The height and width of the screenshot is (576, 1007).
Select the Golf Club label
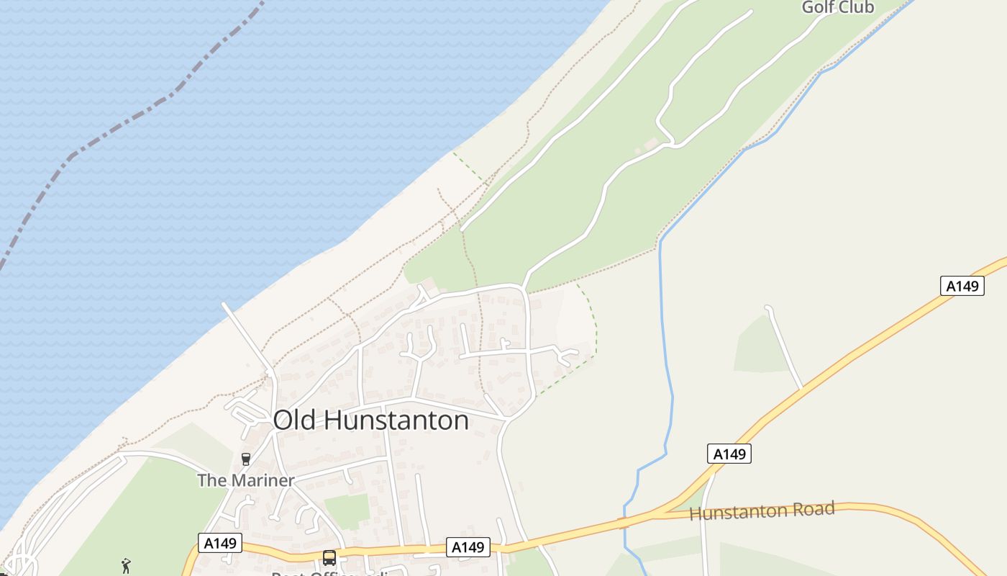click(x=838, y=7)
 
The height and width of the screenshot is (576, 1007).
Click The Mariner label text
click(x=246, y=480)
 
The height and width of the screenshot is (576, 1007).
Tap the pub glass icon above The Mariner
click(x=246, y=459)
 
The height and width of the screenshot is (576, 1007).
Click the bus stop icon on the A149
click(x=329, y=557)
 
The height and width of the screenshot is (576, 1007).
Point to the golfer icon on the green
click(x=127, y=565)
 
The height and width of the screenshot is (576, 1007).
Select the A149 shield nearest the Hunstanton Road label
click(x=729, y=454)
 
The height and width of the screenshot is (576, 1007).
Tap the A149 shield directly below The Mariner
click(x=220, y=543)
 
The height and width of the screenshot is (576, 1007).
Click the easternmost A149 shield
click(x=962, y=286)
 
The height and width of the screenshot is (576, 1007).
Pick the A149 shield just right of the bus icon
click(x=468, y=547)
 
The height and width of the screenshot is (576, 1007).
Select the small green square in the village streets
click(x=347, y=510)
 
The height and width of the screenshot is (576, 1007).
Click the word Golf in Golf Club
click(x=819, y=7)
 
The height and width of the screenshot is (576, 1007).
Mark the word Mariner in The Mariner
click(x=263, y=480)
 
